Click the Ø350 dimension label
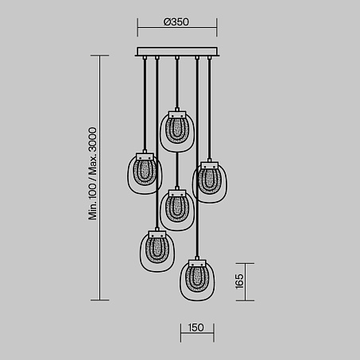point(176,22)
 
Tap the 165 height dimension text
point(239,281)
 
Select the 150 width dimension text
point(196,327)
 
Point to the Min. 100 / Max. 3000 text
point(93,173)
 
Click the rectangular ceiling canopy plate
point(177,52)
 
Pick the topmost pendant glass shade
point(177,132)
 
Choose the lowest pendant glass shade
point(197,281)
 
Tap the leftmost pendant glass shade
point(145,173)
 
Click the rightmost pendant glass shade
point(210,183)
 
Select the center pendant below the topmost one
point(177,210)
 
